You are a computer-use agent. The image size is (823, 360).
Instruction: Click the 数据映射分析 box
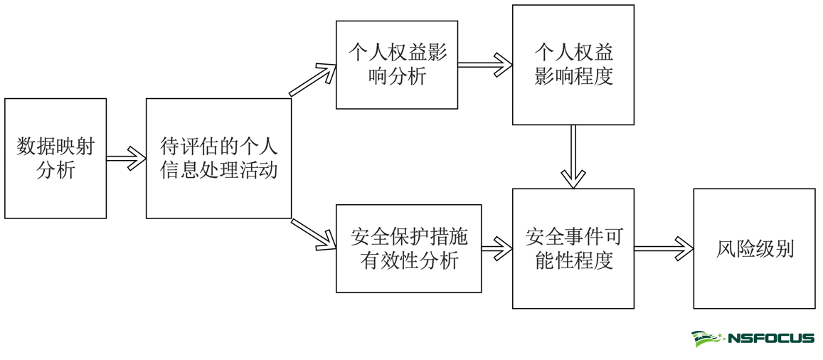pyautogui.click(x=55, y=158)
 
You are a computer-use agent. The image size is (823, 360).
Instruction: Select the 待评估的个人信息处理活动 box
pyautogui.click(x=218, y=158)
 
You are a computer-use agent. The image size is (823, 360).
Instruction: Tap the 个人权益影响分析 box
pyautogui.click(x=396, y=65)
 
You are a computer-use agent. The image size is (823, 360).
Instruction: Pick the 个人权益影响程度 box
pyautogui.click(x=573, y=65)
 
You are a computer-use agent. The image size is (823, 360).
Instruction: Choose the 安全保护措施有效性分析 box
pyautogui.click(x=408, y=248)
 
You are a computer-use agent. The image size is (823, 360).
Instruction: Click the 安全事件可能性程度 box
pyautogui.click(x=573, y=248)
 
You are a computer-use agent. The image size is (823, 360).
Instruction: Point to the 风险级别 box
pyautogui.click(x=754, y=248)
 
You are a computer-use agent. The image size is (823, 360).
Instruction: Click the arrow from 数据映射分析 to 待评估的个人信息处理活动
pyautogui.click(x=126, y=158)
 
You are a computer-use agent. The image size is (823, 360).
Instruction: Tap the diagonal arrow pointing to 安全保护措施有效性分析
pyautogui.click(x=314, y=234)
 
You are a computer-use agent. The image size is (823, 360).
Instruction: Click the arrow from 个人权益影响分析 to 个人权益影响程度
pyautogui.click(x=484, y=65)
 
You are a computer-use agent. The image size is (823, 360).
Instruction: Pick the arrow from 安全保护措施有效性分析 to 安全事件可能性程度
pyautogui.click(x=497, y=248)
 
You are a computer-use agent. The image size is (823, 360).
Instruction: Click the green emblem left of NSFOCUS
pyautogui.click(x=707, y=339)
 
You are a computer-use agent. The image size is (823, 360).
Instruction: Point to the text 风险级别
pyautogui.click(x=754, y=249)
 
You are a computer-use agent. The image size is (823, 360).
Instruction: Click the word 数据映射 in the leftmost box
pyautogui.click(x=55, y=147)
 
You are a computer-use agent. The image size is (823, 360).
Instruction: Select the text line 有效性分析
pyautogui.click(x=409, y=260)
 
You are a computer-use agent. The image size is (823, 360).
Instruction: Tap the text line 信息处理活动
pyautogui.click(x=218, y=171)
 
